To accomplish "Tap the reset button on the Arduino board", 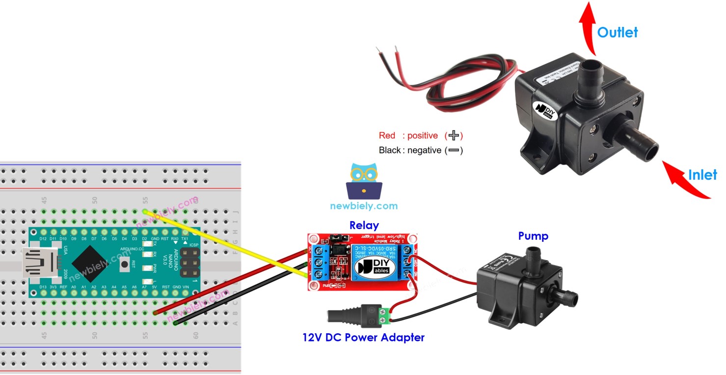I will pyautogui.click(x=127, y=264).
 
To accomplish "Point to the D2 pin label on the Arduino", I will pyautogui.click(x=144, y=239).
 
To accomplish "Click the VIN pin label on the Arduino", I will pyautogui.click(x=186, y=287).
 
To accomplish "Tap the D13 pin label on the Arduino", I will pyautogui.click(x=43, y=287).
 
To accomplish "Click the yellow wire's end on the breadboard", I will pyautogui.click(x=145, y=211).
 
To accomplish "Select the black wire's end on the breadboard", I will pyautogui.click(x=176, y=323).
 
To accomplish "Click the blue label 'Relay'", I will pyautogui.click(x=364, y=225).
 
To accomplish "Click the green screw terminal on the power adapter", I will pyautogui.click(x=386, y=315).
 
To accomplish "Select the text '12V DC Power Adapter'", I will pyautogui.click(x=363, y=337).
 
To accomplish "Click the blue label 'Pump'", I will pyautogui.click(x=533, y=236).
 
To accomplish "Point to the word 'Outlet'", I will pyautogui.click(x=617, y=32).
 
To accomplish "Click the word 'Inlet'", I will pyautogui.click(x=702, y=174).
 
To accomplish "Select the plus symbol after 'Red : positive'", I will pyautogui.click(x=454, y=135).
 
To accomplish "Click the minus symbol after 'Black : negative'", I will pyautogui.click(x=454, y=150).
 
